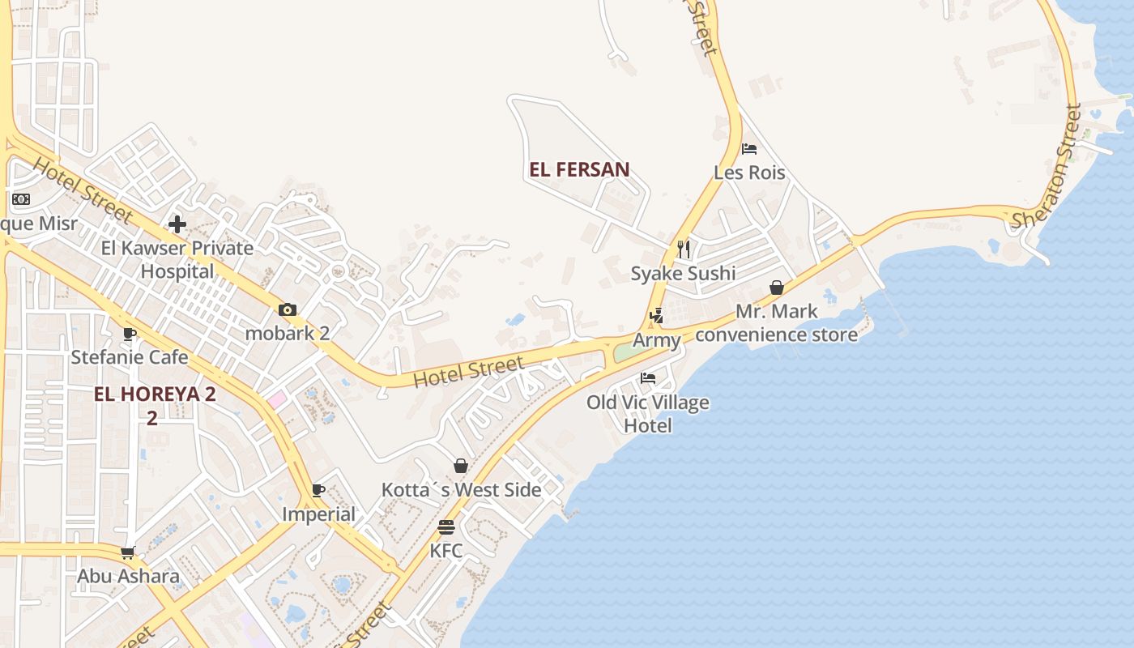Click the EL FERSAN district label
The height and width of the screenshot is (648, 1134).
coord(579,169)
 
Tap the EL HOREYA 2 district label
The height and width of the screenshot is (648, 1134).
coord(155,394)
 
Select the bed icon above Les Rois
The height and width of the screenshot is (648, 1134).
coord(749,149)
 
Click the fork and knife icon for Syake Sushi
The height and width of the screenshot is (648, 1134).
coord(684,249)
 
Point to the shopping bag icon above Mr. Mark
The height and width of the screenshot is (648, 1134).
coord(777,288)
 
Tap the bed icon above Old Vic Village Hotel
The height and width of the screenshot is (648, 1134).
coord(648,378)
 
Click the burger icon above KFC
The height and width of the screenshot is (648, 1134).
coord(446,527)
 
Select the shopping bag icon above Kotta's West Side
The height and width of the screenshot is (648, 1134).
coord(461,466)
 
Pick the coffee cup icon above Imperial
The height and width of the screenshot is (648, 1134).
coord(318,490)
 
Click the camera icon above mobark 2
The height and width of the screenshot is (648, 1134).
coord(288,309)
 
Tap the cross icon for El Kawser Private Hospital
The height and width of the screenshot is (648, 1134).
coord(177,224)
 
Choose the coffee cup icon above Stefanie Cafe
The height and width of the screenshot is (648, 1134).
coord(130,333)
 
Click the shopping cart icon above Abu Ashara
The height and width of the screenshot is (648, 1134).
coord(127,553)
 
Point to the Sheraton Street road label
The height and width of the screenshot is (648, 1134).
coord(1047,166)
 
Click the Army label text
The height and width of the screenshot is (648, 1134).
coord(656,341)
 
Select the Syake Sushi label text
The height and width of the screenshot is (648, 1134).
coord(683,273)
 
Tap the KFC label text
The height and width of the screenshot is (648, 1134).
coord(446,551)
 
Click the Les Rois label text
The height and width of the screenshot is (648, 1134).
coord(749,173)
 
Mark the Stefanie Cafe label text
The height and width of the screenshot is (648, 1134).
coord(130,357)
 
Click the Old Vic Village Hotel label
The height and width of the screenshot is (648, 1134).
coord(648,414)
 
